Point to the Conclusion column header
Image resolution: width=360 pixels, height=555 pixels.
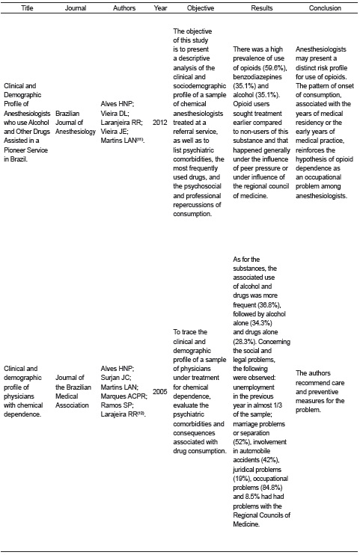[325, 8]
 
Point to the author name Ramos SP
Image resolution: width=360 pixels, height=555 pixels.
[116, 408]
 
